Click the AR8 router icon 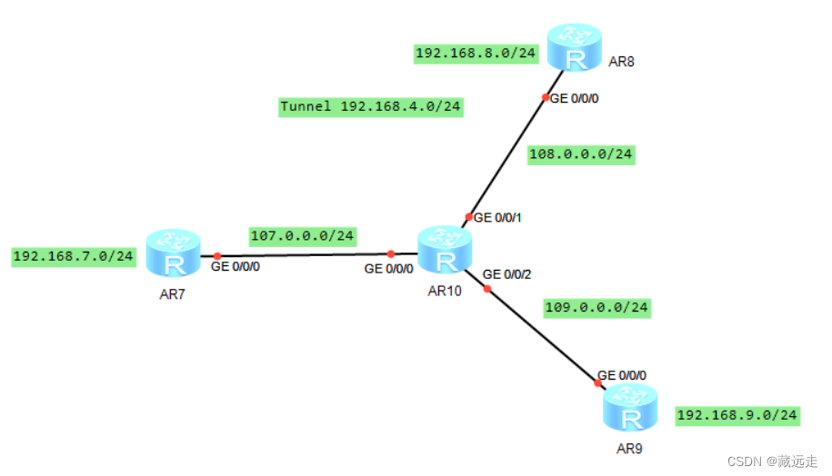tap(574, 48)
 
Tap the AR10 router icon tap(445, 250)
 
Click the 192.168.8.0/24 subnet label tap(476, 54)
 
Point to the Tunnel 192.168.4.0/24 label tap(371, 107)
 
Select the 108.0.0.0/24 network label tap(580, 154)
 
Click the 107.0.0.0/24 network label tap(302, 236)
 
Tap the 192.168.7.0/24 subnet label tap(73, 256)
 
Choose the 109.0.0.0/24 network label tap(596, 308)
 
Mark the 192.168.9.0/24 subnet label tap(737, 415)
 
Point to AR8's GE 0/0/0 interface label tap(575, 98)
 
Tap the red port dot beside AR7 tap(217, 256)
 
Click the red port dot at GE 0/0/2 tap(486, 289)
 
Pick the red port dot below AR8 tap(546, 97)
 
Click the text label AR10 tap(445, 290)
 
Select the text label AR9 tap(630, 447)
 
